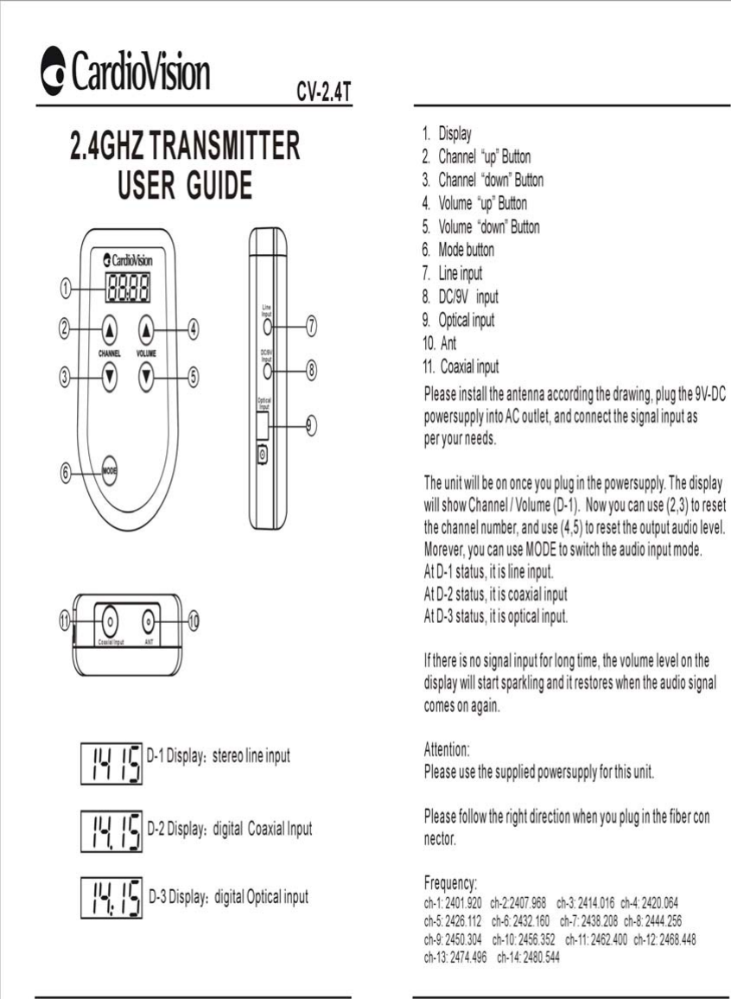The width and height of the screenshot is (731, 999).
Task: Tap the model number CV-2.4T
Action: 324,92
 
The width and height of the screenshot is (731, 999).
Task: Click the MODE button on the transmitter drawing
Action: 110,470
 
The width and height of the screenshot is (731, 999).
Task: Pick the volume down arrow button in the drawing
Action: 148,375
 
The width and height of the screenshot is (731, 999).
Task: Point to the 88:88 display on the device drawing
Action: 127,288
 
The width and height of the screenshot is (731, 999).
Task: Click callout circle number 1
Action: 65,288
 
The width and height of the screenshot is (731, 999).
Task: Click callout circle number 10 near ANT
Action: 194,620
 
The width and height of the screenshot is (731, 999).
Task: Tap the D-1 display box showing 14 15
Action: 111,763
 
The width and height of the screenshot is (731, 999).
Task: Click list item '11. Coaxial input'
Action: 461,366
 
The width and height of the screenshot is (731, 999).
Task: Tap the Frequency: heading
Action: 450,883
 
